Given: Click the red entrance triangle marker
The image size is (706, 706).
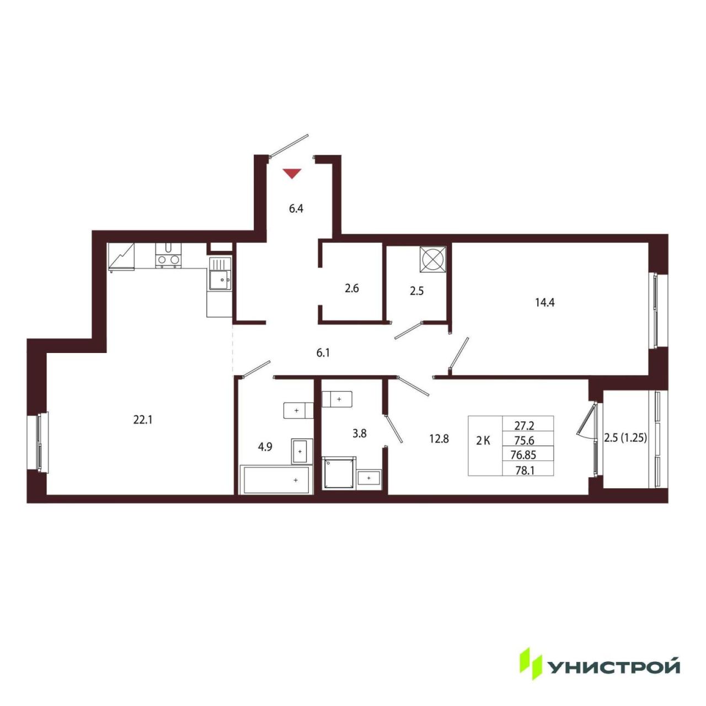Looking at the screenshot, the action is tap(292, 173).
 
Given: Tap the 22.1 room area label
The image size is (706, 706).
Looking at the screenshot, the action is tap(142, 420).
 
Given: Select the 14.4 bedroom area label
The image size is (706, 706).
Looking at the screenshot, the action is tap(545, 303).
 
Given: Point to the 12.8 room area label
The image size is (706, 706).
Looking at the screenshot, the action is tap(439, 438).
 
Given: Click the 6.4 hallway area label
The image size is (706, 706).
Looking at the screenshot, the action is tap(296, 209).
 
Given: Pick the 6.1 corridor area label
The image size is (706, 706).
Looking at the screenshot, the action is tap(323, 353).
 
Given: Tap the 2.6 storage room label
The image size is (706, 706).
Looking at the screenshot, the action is tap(352, 288).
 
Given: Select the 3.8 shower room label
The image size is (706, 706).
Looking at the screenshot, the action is tap(360, 434).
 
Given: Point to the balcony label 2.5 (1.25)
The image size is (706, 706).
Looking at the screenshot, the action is tap(625, 437).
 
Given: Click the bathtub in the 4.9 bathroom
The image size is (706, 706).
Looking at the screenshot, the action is tap(276, 479).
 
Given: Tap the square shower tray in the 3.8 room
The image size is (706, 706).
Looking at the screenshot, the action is tap(339, 473).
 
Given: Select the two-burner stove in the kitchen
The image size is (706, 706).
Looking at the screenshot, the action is tap(168, 255).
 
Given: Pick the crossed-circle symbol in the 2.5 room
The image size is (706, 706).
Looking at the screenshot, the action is tap(432, 259).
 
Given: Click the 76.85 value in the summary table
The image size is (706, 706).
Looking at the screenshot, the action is tap(523, 455).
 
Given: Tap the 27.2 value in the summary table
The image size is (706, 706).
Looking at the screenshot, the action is tap(525, 425).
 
